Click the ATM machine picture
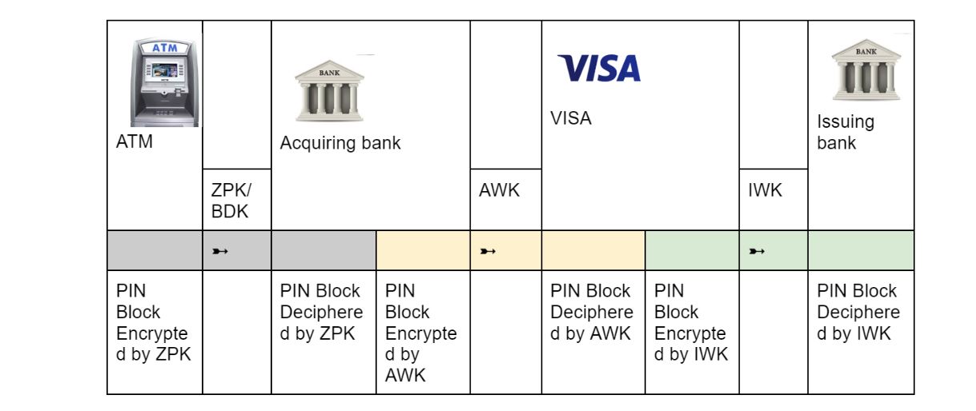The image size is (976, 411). (164, 83)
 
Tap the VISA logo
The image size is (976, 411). (600, 69)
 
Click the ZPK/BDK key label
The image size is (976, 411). (231, 201)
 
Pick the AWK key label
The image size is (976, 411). (499, 191)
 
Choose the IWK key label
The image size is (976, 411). (765, 191)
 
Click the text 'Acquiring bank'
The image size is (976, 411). (340, 144)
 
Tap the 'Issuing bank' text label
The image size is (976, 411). (845, 133)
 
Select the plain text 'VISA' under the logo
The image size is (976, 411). (571, 118)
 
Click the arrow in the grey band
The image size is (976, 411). (220, 252)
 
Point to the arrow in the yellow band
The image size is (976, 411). (488, 252)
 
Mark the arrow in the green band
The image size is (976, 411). (757, 252)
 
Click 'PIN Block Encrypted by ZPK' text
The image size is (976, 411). (152, 323)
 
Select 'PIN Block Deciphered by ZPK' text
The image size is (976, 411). (321, 313)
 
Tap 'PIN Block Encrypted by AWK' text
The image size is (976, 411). (421, 333)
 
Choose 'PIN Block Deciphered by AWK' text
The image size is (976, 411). (592, 313)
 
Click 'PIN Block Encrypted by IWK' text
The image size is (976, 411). (691, 323)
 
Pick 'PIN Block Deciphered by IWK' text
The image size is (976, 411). (858, 313)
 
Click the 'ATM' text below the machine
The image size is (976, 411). (135, 144)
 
